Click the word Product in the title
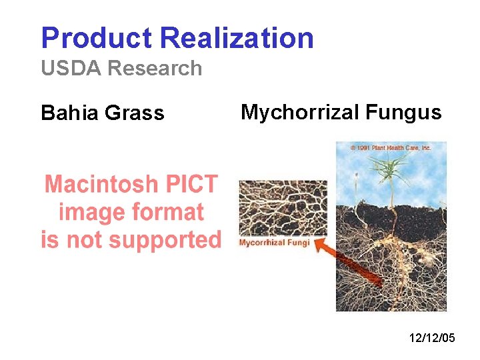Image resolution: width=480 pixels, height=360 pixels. coord(97,39)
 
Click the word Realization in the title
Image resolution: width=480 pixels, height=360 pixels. coord(237,39)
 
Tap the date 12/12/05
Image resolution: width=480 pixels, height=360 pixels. coord(432,339)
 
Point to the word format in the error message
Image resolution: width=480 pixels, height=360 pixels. coord(170,212)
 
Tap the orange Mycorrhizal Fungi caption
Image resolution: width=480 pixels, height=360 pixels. coord(275,243)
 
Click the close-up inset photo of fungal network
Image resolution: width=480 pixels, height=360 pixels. coord(283,207)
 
